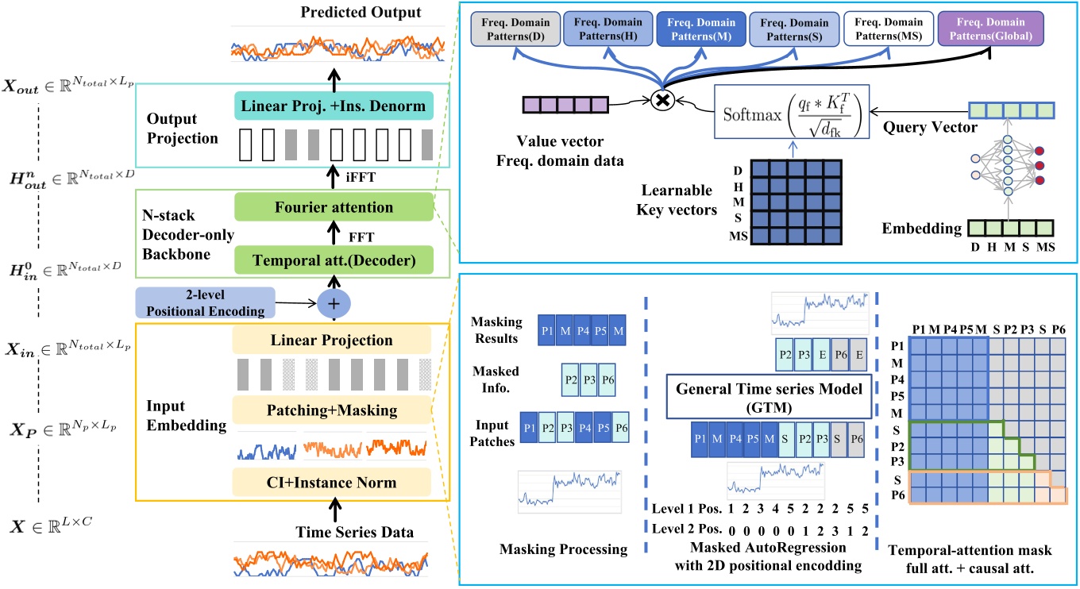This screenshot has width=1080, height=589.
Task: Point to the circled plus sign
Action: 334,302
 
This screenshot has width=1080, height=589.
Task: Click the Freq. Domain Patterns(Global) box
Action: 990,29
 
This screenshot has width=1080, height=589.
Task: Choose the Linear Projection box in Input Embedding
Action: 332,341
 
